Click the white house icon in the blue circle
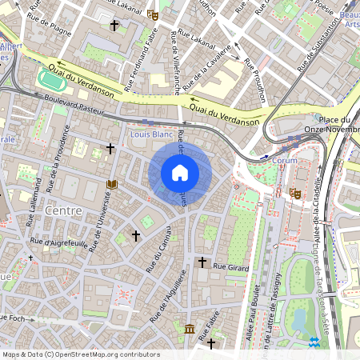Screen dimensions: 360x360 [180, 173]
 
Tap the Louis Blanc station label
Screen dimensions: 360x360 [151, 135]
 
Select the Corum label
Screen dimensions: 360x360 [285, 160]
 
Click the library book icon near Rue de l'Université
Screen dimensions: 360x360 [112, 185]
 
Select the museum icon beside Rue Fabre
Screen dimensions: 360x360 [189, 329]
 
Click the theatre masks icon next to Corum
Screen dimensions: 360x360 [295, 193]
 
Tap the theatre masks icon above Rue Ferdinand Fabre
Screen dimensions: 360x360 [153, 14]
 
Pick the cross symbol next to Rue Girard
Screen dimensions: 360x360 [202, 262]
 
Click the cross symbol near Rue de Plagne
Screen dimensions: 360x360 [114, 26]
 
